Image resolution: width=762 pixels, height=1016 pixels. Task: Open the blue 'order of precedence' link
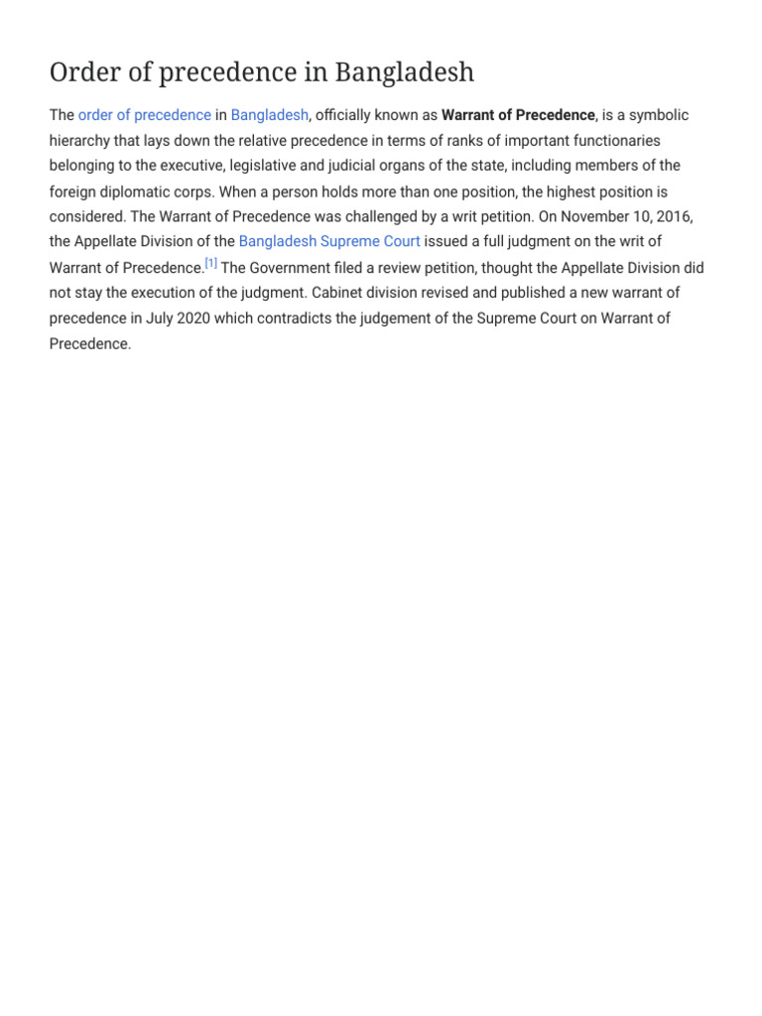145,115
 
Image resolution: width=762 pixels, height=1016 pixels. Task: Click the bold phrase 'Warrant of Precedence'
518,115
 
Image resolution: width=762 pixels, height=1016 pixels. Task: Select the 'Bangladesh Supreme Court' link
329,241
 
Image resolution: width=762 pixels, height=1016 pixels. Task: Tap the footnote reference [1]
211,264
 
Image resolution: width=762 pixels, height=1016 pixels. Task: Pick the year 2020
215,318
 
